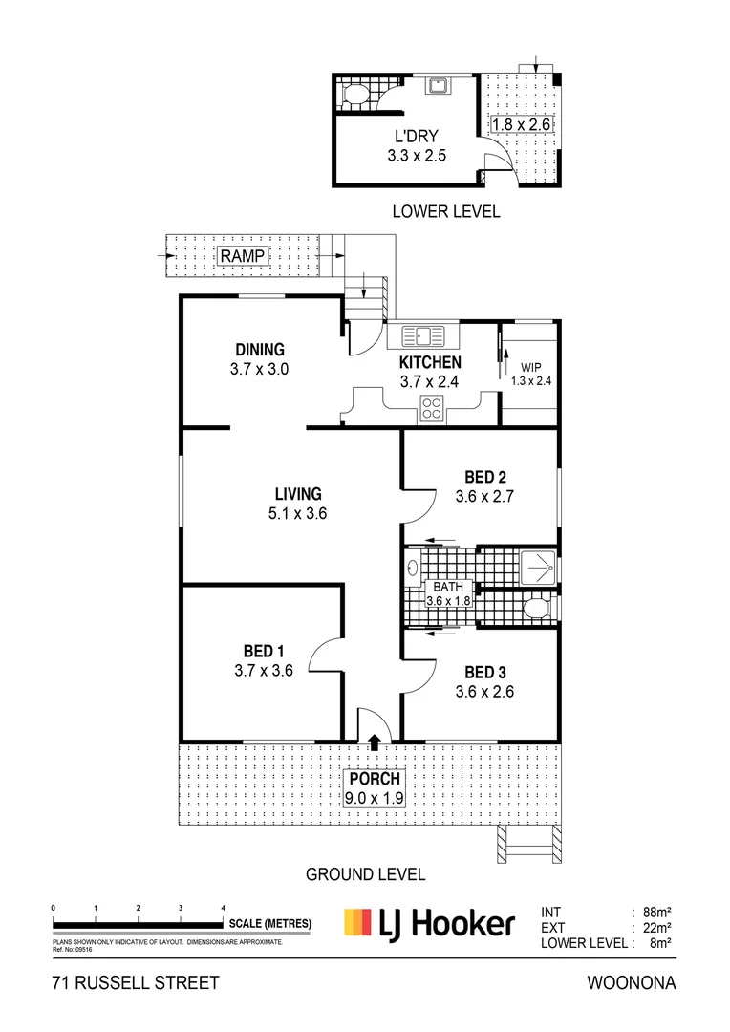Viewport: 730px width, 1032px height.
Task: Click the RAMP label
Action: click(244, 256)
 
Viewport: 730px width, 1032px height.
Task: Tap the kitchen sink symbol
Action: click(423, 336)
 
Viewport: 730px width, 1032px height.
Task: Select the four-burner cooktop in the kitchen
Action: click(432, 408)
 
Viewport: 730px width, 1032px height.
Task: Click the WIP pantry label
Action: click(530, 367)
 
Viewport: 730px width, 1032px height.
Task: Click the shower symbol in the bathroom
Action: click(540, 566)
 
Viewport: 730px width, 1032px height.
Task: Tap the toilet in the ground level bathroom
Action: click(537, 608)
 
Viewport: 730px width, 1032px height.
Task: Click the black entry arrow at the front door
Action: click(374, 738)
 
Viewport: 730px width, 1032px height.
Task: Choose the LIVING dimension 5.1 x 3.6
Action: click(298, 513)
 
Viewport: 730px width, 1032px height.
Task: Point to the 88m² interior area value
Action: click(653, 911)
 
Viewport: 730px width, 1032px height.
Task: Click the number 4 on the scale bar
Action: click(223, 907)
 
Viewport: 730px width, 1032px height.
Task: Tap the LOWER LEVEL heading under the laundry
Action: click(445, 211)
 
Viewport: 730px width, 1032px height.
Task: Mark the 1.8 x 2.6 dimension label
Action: click(522, 124)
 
